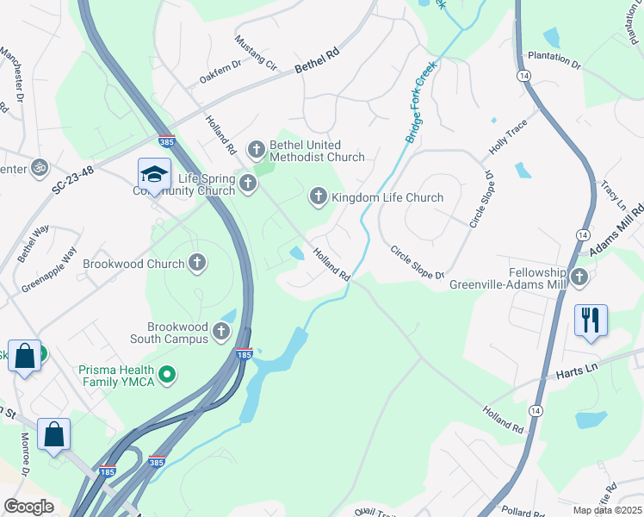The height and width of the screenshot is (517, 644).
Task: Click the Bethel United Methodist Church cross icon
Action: coord(256,150)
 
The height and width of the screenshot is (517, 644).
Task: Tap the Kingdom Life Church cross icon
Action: coord(318,197)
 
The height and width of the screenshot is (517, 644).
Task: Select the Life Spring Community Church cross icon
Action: coord(248,183)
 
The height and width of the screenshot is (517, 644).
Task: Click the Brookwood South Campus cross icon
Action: coord(222,331)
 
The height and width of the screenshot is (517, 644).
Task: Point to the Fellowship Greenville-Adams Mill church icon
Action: coord(579,276)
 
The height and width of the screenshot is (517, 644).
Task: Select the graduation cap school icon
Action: coord(154,174)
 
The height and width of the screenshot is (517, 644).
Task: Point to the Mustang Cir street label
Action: coord(257,53)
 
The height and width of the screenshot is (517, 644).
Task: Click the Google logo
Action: coord(29,506)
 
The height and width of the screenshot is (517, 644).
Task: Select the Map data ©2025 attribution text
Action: coord(606,510)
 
